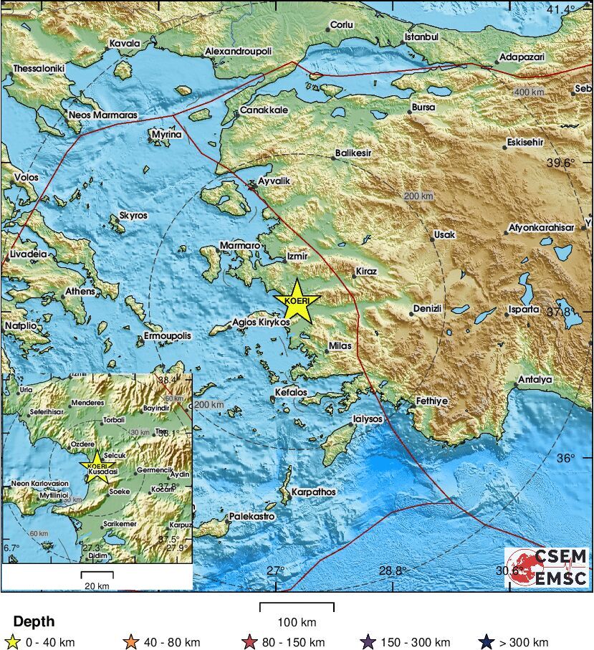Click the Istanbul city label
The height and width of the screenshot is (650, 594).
(x=421, y=37)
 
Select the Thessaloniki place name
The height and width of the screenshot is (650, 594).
(x=39, y=69)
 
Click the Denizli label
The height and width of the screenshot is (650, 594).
(x=428, y=309)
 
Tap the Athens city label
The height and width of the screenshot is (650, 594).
(x=80, y=292)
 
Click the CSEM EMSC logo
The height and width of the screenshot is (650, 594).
(x=546, y=566)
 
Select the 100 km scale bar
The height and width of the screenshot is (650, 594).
(x=297, y=608)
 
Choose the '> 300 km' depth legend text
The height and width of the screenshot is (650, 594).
(x=522, y=642)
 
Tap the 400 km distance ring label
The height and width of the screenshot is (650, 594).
(x=529, y=93)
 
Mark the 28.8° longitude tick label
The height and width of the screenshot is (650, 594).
(x=393, y=570)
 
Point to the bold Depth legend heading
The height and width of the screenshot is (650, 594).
(x=34, y=622)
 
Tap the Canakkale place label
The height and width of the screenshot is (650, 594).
(x=264, y=110)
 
